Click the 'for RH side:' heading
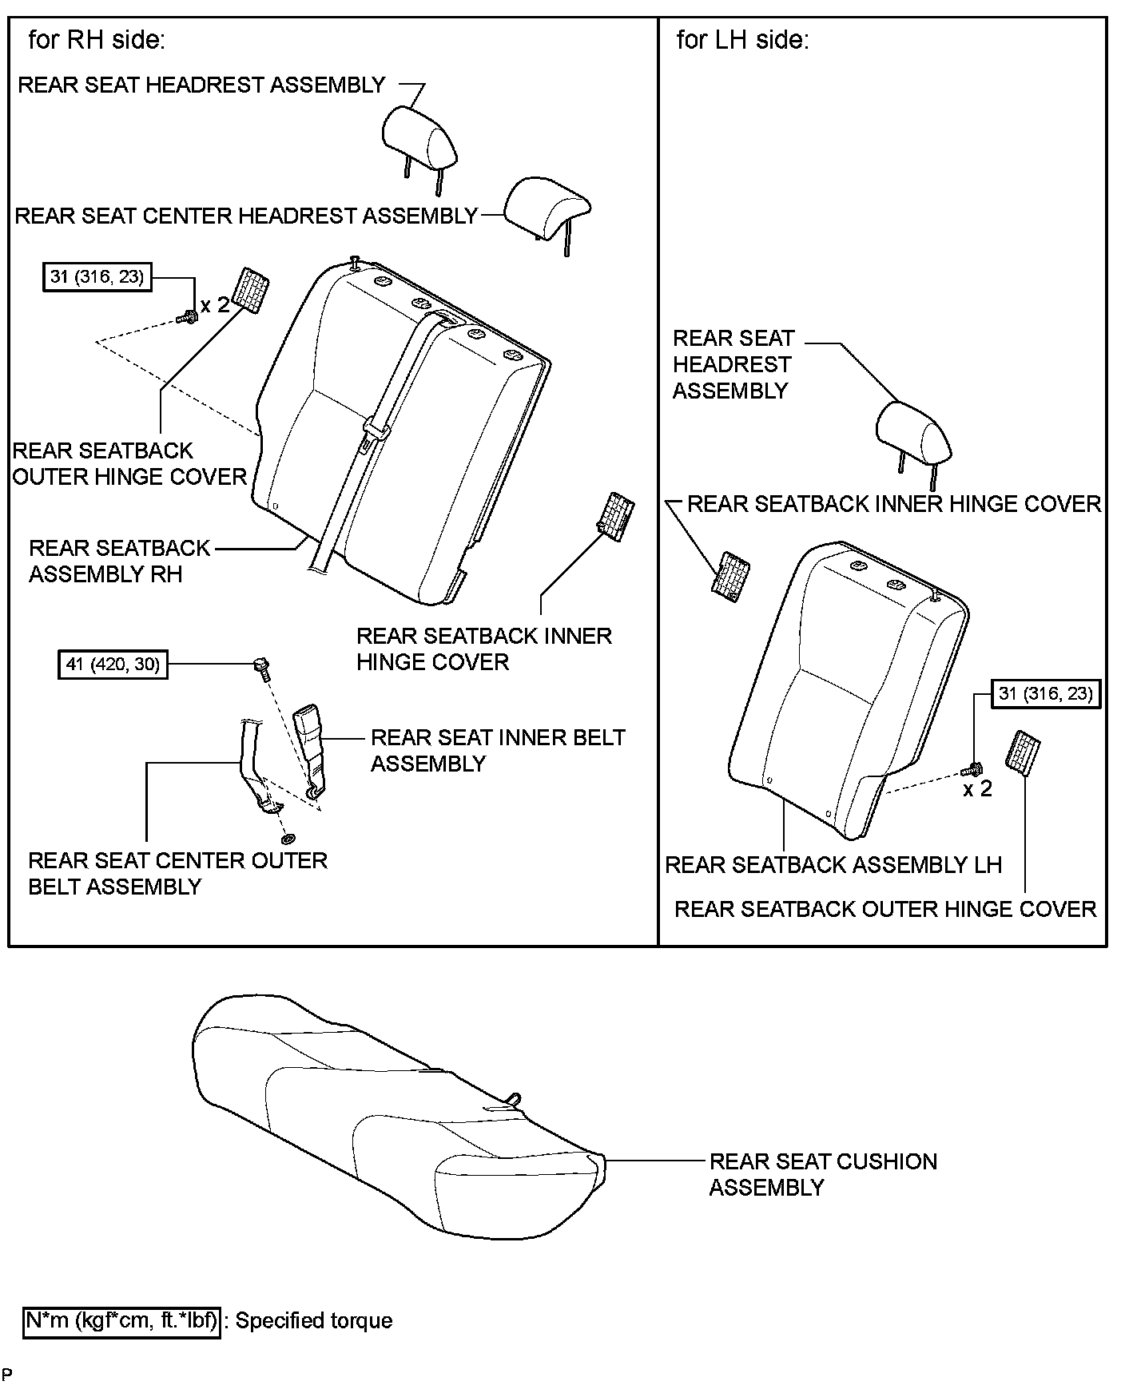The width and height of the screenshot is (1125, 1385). point(97,40)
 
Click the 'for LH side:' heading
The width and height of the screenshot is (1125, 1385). point(742,40)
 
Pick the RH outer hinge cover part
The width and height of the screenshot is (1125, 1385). point(250,293)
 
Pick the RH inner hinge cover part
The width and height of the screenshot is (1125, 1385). point(617,516)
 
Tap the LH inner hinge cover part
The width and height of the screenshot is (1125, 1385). point(730,573)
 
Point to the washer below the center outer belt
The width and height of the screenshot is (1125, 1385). point(288,839)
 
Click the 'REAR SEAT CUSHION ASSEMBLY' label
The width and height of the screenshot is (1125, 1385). point(822,1174)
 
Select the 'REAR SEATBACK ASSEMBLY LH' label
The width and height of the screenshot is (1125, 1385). point(833,865)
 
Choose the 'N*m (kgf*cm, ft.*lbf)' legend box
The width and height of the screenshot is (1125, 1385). point(122,1321)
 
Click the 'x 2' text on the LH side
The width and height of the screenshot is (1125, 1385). point(977,789)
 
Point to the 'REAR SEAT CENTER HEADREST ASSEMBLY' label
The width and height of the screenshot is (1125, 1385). point(246,216)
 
